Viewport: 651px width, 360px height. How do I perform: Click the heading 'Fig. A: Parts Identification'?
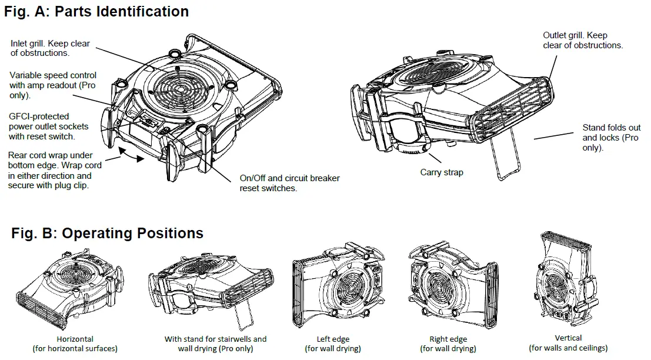pos(96,11)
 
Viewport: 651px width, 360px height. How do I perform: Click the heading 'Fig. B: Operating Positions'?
pos(107,234)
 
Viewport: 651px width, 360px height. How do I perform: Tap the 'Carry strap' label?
pos(442,172)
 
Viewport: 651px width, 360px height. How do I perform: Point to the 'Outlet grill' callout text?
pos(582,41)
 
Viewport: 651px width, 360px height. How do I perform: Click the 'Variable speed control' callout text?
pos(53,85)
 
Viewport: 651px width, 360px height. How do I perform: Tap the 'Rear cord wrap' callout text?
pos(55,170)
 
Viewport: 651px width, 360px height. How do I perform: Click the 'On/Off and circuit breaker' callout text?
pos(289,183)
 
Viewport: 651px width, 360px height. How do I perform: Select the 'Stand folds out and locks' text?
pos(612,138)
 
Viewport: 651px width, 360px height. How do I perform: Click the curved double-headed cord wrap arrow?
pos(131,155)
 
